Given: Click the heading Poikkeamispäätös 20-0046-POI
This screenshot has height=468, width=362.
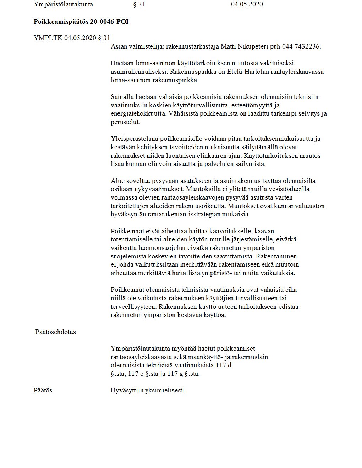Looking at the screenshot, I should [81, 22].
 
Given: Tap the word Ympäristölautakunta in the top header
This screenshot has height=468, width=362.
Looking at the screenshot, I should [63, 4].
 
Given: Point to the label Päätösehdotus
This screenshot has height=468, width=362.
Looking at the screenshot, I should [56, 332].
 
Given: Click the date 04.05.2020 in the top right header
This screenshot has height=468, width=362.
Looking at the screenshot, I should [247, 4].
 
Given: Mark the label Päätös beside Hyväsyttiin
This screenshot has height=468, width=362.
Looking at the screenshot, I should [43, 390].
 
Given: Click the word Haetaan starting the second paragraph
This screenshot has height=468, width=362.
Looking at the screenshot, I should [122, 63].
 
